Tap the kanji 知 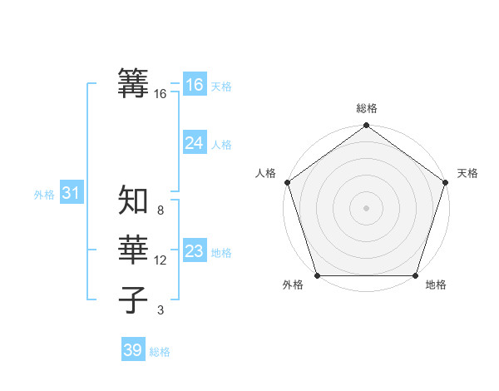point(134,200)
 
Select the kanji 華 point(134,250)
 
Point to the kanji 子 point(134,299)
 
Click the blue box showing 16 point(194,85)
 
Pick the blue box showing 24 point(194,143)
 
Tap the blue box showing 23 point(194,251)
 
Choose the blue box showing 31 point(71,194)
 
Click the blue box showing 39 point(132,350)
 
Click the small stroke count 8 point(161,210)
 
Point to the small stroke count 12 point(161,260)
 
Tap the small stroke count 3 point(161,310)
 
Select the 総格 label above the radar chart point(367,108)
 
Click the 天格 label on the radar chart point(467,173)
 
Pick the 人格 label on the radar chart point(265,173)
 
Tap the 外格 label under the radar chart point(293,285)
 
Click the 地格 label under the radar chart point(436,285)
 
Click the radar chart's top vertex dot point(366,126)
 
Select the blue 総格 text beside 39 point(160,352)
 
